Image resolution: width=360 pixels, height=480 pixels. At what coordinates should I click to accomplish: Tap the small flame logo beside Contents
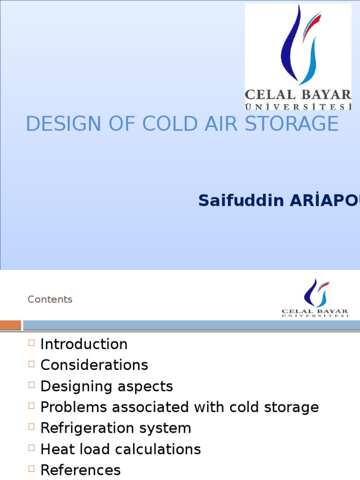(315, 293)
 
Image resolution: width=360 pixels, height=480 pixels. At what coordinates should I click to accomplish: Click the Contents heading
(50, 300)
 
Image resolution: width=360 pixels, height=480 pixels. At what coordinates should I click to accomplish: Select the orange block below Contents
(10, 325)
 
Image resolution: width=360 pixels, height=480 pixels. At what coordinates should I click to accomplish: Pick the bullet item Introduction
(84, 344)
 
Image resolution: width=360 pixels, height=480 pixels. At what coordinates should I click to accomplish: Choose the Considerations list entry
(94, 365)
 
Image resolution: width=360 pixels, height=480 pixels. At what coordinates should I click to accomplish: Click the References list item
(81, 470)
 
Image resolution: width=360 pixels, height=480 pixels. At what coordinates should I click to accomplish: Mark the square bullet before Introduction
(31, 343)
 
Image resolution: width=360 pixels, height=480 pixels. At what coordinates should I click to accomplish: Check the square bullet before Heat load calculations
(31, 449)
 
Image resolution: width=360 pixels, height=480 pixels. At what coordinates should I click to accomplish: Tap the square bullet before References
(31, 469)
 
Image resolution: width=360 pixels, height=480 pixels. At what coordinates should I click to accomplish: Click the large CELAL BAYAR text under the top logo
(298, 94)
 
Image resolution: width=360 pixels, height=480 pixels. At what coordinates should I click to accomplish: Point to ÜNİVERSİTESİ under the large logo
(298, 107)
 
